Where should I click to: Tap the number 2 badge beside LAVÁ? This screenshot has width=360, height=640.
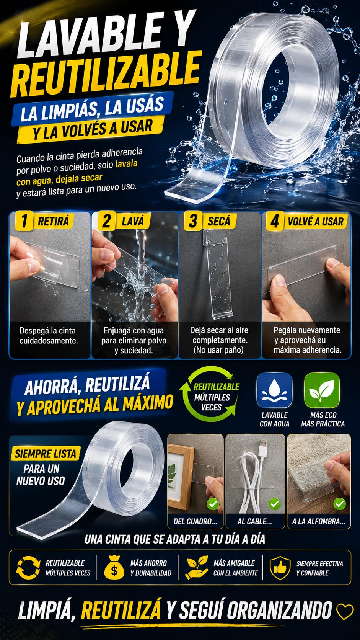click(x=107, y=220)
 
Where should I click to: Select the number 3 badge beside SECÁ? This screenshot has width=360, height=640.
click(x=193, y=220)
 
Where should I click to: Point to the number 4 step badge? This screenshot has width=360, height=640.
click(x=275, y=221)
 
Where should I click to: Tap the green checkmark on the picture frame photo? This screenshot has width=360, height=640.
click(x=213, y=504)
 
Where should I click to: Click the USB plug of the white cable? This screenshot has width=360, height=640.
click(x=262, y=447)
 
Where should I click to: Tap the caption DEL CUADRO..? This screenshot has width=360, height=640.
click(x=195, y=521)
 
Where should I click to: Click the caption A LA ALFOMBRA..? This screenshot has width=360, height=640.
click(x=319, y=521)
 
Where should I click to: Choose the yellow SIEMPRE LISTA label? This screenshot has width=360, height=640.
click(x=46, y=454)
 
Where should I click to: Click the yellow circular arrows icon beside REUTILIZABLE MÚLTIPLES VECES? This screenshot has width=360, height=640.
click(x=28, y=567)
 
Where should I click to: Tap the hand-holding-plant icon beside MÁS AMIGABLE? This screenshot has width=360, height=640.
click(x=197, y=567)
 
